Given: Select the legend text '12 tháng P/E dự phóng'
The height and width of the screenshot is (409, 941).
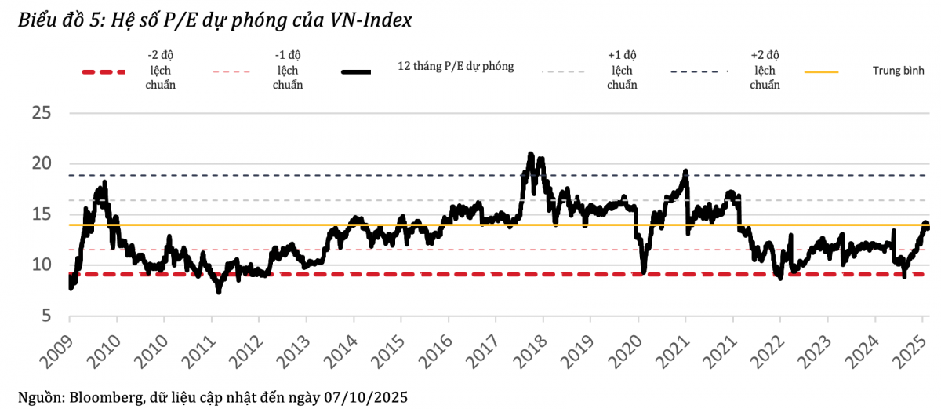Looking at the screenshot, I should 456,67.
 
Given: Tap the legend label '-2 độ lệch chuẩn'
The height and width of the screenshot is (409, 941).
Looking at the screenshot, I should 161,70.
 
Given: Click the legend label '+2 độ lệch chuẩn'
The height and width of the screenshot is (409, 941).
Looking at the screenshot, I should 765,70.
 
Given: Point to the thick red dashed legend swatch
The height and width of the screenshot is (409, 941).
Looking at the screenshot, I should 104,72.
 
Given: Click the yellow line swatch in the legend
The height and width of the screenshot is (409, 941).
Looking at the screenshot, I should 821,71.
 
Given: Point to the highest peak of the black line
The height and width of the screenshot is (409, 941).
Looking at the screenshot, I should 531,154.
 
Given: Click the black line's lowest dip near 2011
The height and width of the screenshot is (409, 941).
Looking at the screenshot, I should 219,292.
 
